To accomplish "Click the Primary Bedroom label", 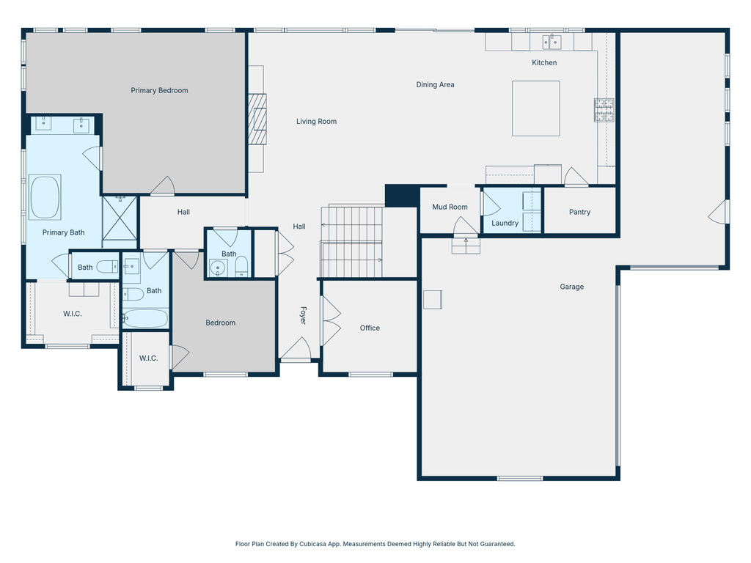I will tap(159, 91).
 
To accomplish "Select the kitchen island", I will tap(535, 108).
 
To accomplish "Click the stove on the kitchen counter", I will tap(604, 110).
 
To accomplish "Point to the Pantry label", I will tap(579, 213).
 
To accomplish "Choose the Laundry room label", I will tap(505, 224).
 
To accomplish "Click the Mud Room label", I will tap(450, 207).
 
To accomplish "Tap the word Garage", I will tap(572, 287).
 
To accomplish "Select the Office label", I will tap(370, 328).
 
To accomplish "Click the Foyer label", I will tap(302, 316).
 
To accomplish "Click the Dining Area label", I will tap(435, 85).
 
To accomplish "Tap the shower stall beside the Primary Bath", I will tap(120, 218).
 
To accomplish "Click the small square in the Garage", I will tap(433, 300).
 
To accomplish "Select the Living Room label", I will tap(316, 122).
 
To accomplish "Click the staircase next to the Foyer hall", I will tap(352, 242).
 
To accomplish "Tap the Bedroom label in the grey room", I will tap(220, 323).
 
